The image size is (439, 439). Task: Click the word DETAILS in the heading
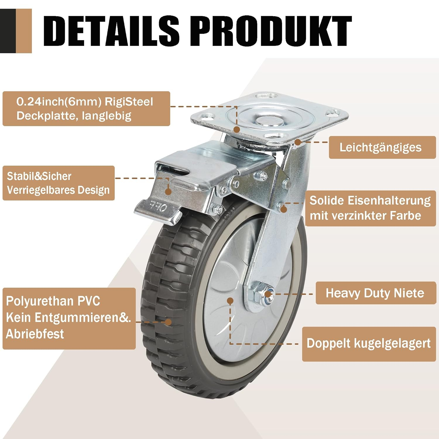pos(111,31)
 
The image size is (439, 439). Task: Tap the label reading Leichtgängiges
pos(380,148)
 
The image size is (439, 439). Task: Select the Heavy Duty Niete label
pos(375,293)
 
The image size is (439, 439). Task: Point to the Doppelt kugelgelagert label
pos(368,343)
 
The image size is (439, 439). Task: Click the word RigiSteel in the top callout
pos(129,102)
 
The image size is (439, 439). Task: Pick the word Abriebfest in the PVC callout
pos(35,334)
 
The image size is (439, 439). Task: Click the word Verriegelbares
pos(37,190)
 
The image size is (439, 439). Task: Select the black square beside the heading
pos(8,31)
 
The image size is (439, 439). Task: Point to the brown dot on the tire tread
pos(168,322)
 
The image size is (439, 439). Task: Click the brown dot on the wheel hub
pos(230,301)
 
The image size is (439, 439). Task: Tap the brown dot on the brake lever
pos(168,192)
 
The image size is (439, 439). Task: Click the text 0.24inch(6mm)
pos(59,102)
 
